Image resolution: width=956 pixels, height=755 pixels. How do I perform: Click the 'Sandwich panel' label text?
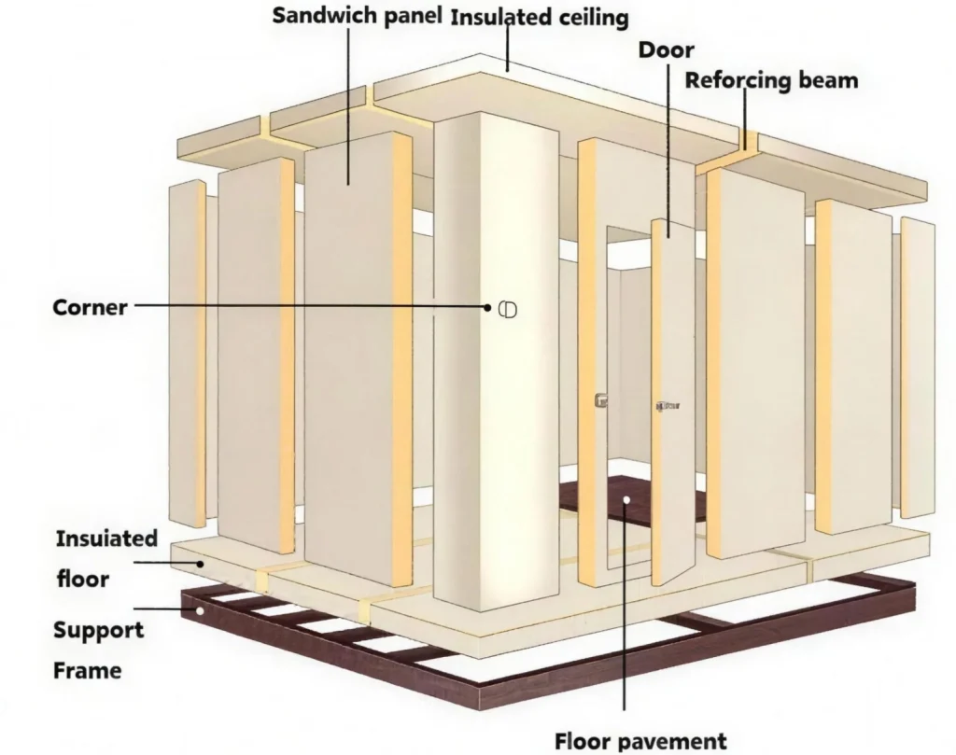[x=357, y=16]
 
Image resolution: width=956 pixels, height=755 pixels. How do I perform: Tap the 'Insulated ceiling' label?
[x=540, y=17]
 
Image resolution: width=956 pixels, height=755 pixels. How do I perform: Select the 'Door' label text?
[x=666, y=49]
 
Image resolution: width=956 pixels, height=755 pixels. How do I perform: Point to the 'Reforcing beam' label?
[x=771, y=79]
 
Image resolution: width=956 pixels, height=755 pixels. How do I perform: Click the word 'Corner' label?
[x=90, y=306]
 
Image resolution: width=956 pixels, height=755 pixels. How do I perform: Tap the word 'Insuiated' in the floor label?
[x=106, y=538]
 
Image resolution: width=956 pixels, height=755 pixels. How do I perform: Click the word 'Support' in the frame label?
[x=98, y=629]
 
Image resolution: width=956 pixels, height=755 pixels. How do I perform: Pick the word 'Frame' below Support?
[x=87, y=669]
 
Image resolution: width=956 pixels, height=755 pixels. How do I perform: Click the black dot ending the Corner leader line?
[x=487, y=306]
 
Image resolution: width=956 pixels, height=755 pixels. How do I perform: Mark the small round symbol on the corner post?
[x=507, y=308]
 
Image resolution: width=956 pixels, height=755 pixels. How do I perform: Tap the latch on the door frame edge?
[x=600, y=400]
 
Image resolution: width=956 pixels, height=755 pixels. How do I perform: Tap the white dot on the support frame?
[x=199, y=611]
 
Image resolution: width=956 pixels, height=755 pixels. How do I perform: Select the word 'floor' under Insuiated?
[x=82, y=579]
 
